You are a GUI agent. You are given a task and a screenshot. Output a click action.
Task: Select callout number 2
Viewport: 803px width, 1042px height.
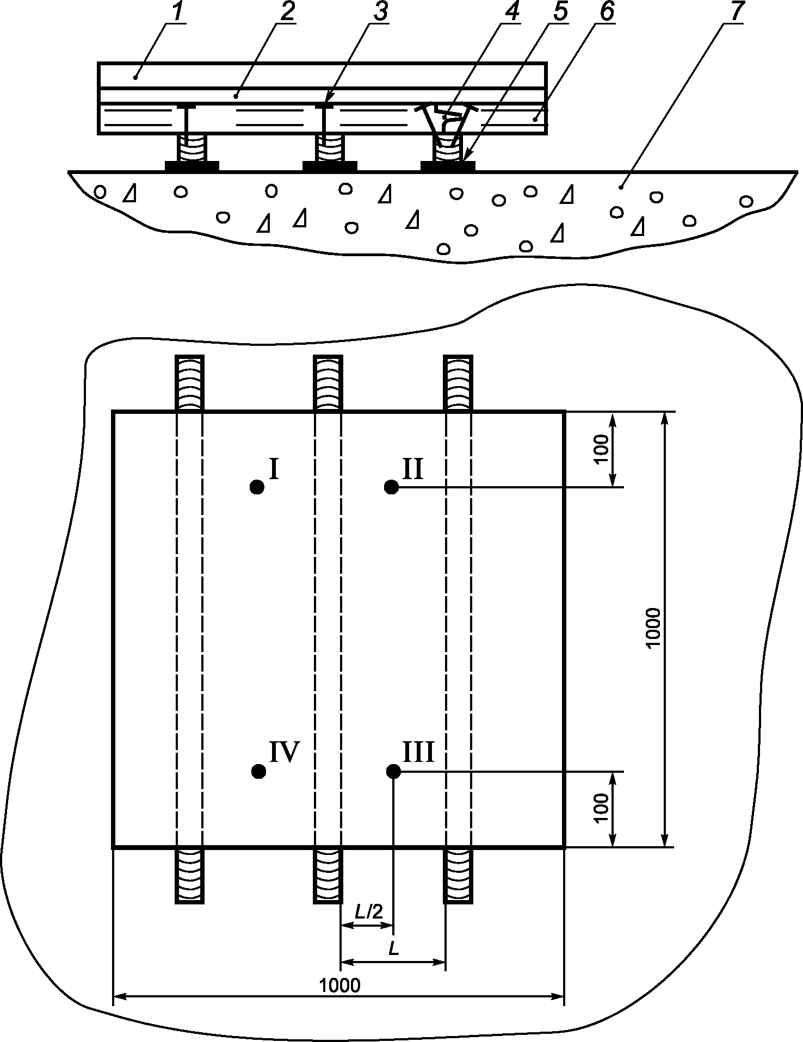coord(286,13)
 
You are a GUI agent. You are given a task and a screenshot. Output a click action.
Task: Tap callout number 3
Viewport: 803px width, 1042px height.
coord(380,13)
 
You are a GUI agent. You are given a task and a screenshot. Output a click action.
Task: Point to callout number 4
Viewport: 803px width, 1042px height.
coord(510,13)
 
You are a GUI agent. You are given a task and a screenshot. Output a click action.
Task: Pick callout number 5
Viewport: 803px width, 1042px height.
coord(558,13)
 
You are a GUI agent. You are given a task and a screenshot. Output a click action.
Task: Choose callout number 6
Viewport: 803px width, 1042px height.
coord(606,13)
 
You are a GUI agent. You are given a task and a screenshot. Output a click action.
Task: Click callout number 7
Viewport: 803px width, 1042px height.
coord(737,13)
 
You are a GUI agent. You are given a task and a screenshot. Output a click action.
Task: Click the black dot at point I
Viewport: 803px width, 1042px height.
coord(257,487)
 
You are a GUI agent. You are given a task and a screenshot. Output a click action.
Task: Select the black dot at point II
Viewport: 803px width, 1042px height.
coord(391,487)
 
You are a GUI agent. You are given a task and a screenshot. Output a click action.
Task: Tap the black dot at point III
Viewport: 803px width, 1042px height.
coord(393,771)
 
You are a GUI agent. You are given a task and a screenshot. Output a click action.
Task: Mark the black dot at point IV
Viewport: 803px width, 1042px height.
coord(259,771)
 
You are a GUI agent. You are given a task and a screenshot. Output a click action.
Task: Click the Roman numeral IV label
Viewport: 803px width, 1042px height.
coord(285,753)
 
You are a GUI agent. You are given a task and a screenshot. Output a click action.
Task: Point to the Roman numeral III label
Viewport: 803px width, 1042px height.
coord(418,753)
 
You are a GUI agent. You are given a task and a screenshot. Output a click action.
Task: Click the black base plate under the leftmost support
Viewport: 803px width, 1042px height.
coord(192,166)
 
